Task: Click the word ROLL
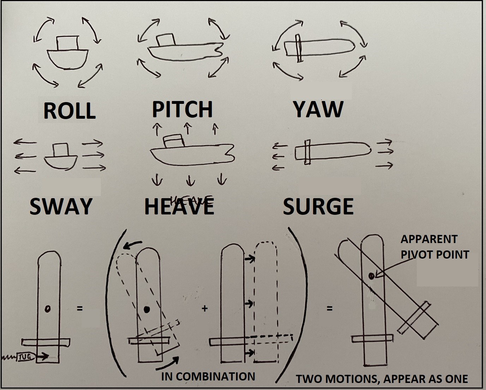coord(70,111)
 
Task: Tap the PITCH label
coord(182,109)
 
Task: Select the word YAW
coord(318,110)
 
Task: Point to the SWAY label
coord(61,206)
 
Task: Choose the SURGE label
coord(318,206)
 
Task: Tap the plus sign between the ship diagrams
coord(205,308)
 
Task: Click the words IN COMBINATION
coord(208,377)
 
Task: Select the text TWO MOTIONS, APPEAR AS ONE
coord(382,379)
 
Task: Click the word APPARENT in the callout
coord(429,239)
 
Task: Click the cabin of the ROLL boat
coord(67,43)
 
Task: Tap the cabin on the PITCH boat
coord(166,40)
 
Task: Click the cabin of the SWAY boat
coord(60,150)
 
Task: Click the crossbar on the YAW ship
coord(299,48)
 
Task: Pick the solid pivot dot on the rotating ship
coord(147,309)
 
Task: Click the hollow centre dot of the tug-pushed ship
coord(47,309)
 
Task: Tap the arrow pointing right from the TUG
coord(42,356)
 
